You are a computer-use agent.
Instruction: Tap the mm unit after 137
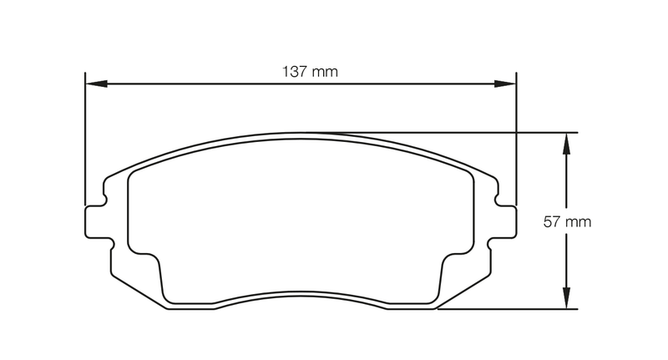(325, 72)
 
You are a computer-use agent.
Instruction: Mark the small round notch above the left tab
(106, 199)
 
